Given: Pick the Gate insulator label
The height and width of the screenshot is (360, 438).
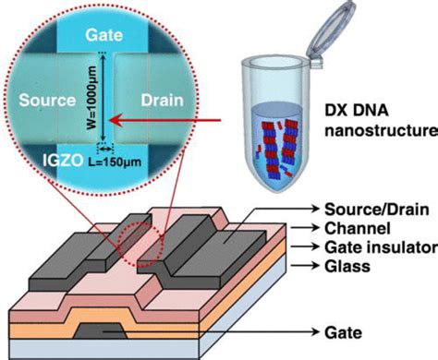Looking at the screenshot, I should tap(374, 246).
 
